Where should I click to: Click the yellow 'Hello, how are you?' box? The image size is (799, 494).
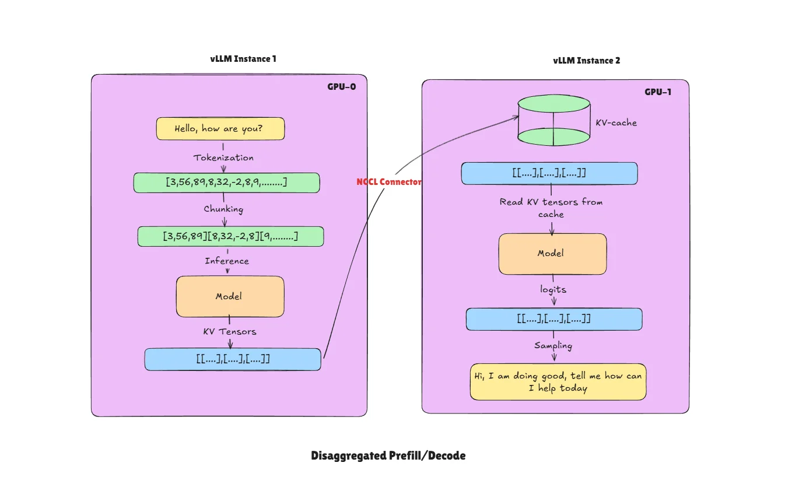(x=220, y=129)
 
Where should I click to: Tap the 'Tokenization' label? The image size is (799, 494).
(x=223, y=157)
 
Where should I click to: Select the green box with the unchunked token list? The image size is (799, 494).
(x=226, y=183)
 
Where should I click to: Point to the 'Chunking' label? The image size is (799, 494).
(x=223, y=209)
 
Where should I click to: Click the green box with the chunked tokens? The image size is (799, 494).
(x=230, y=236)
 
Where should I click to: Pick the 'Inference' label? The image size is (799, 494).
(x=227, y=261)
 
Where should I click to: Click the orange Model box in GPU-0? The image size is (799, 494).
(x=230, y=296)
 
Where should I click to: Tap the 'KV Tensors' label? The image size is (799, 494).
(x=229, y=331)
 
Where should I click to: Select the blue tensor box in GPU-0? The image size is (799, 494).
(x=233, y=359)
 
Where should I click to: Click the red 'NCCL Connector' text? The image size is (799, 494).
(x=388, y=182)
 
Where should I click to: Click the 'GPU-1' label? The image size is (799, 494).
(x=657, y=92)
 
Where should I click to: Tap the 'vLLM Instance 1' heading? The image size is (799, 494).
(x=243, y=59)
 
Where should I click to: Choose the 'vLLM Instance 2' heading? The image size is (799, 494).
(x=586, y=61)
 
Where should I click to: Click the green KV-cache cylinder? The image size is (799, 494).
(x=553, y=121)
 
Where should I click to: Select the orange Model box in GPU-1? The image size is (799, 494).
(x=552, y=254)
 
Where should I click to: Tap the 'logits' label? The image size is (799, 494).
(x=552, y=289)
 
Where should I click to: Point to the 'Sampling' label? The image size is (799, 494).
(x=553, y=345)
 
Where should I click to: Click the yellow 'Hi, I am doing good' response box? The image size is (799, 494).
(x=558, y=382)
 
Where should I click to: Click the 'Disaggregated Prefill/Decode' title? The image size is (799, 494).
(x=388, y=456)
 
